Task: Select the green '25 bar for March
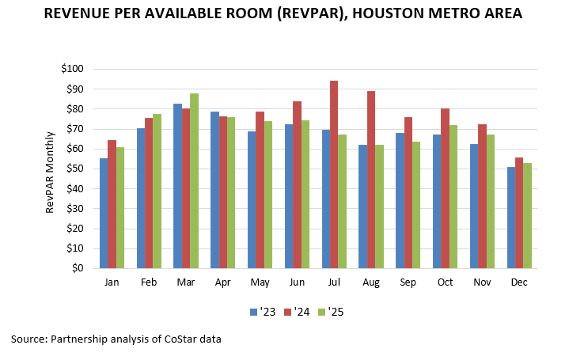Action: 194,181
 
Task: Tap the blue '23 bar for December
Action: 510,218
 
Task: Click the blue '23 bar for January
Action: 103,214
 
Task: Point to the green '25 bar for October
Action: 454,197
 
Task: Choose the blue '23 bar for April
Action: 214,190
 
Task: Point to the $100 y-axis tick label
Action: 71,69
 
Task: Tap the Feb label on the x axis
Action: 149,282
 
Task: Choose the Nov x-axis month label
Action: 481,282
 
